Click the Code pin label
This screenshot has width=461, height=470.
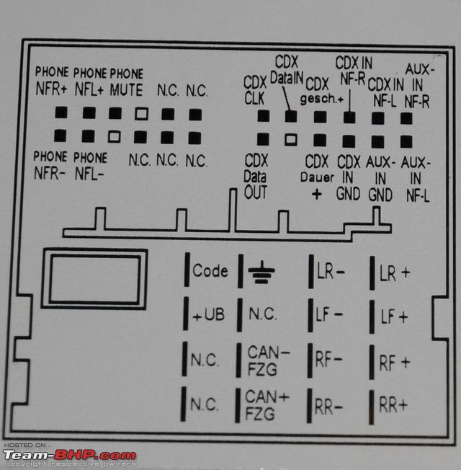(210, 271)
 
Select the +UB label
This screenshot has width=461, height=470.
(209, 315)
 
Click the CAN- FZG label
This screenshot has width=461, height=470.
(268, 360)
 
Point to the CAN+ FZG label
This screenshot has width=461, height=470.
(267, 404)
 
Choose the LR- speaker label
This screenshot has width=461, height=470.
(331, 272)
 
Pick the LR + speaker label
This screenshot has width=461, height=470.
(394, 272)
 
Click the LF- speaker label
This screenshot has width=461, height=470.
(330, 315)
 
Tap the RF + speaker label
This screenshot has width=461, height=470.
(394, 362)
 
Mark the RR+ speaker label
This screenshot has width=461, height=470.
(393, 405)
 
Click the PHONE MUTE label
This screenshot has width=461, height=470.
(126, 81)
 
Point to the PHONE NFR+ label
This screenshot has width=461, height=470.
(52, 81)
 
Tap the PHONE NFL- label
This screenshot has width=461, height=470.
(90, 165)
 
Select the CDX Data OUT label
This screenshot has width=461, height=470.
(255, 176)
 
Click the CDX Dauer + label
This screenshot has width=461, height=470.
(317, 177)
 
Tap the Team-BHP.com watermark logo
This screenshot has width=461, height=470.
(69, 456)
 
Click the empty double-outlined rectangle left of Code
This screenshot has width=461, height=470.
(94, 279)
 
